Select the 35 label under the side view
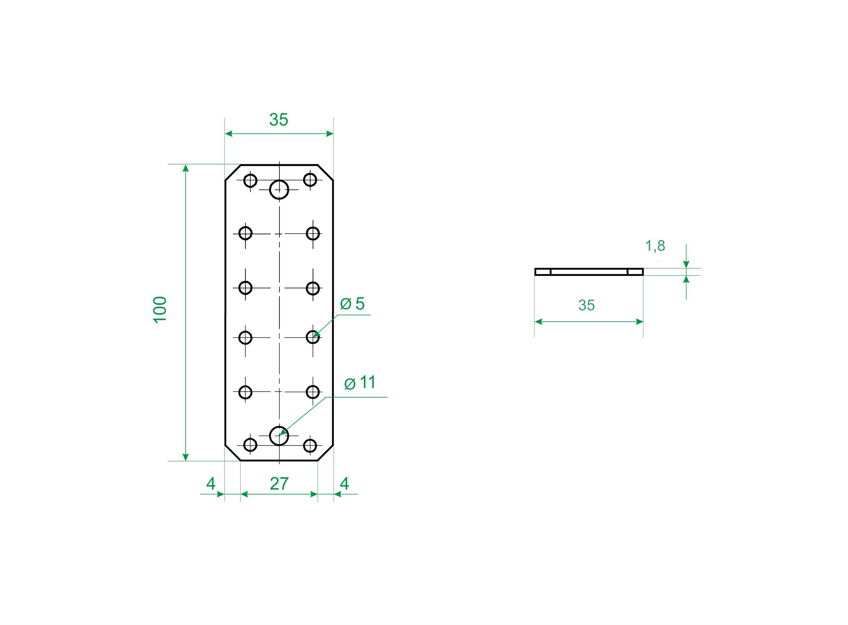[x=586, y=305]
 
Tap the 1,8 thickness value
[x=655, y=246]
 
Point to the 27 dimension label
[x=279, y=484]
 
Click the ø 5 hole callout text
[x=352, y=304]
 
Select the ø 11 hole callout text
[x=360, y=383]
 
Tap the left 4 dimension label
[x=211, y=484]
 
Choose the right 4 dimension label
[x=344, y=484]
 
